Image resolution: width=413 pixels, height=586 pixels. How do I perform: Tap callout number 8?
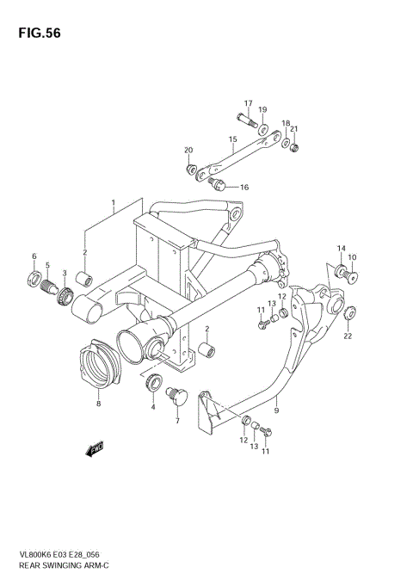[99, 403]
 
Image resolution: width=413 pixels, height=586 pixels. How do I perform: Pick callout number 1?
[113, 205]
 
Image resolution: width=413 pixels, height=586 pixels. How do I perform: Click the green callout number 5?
[47, 265]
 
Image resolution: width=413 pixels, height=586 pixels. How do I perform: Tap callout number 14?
[340, 250]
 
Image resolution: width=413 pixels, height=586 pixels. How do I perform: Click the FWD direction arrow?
[94, 447]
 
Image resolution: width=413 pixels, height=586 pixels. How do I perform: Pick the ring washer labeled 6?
[34, 278]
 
